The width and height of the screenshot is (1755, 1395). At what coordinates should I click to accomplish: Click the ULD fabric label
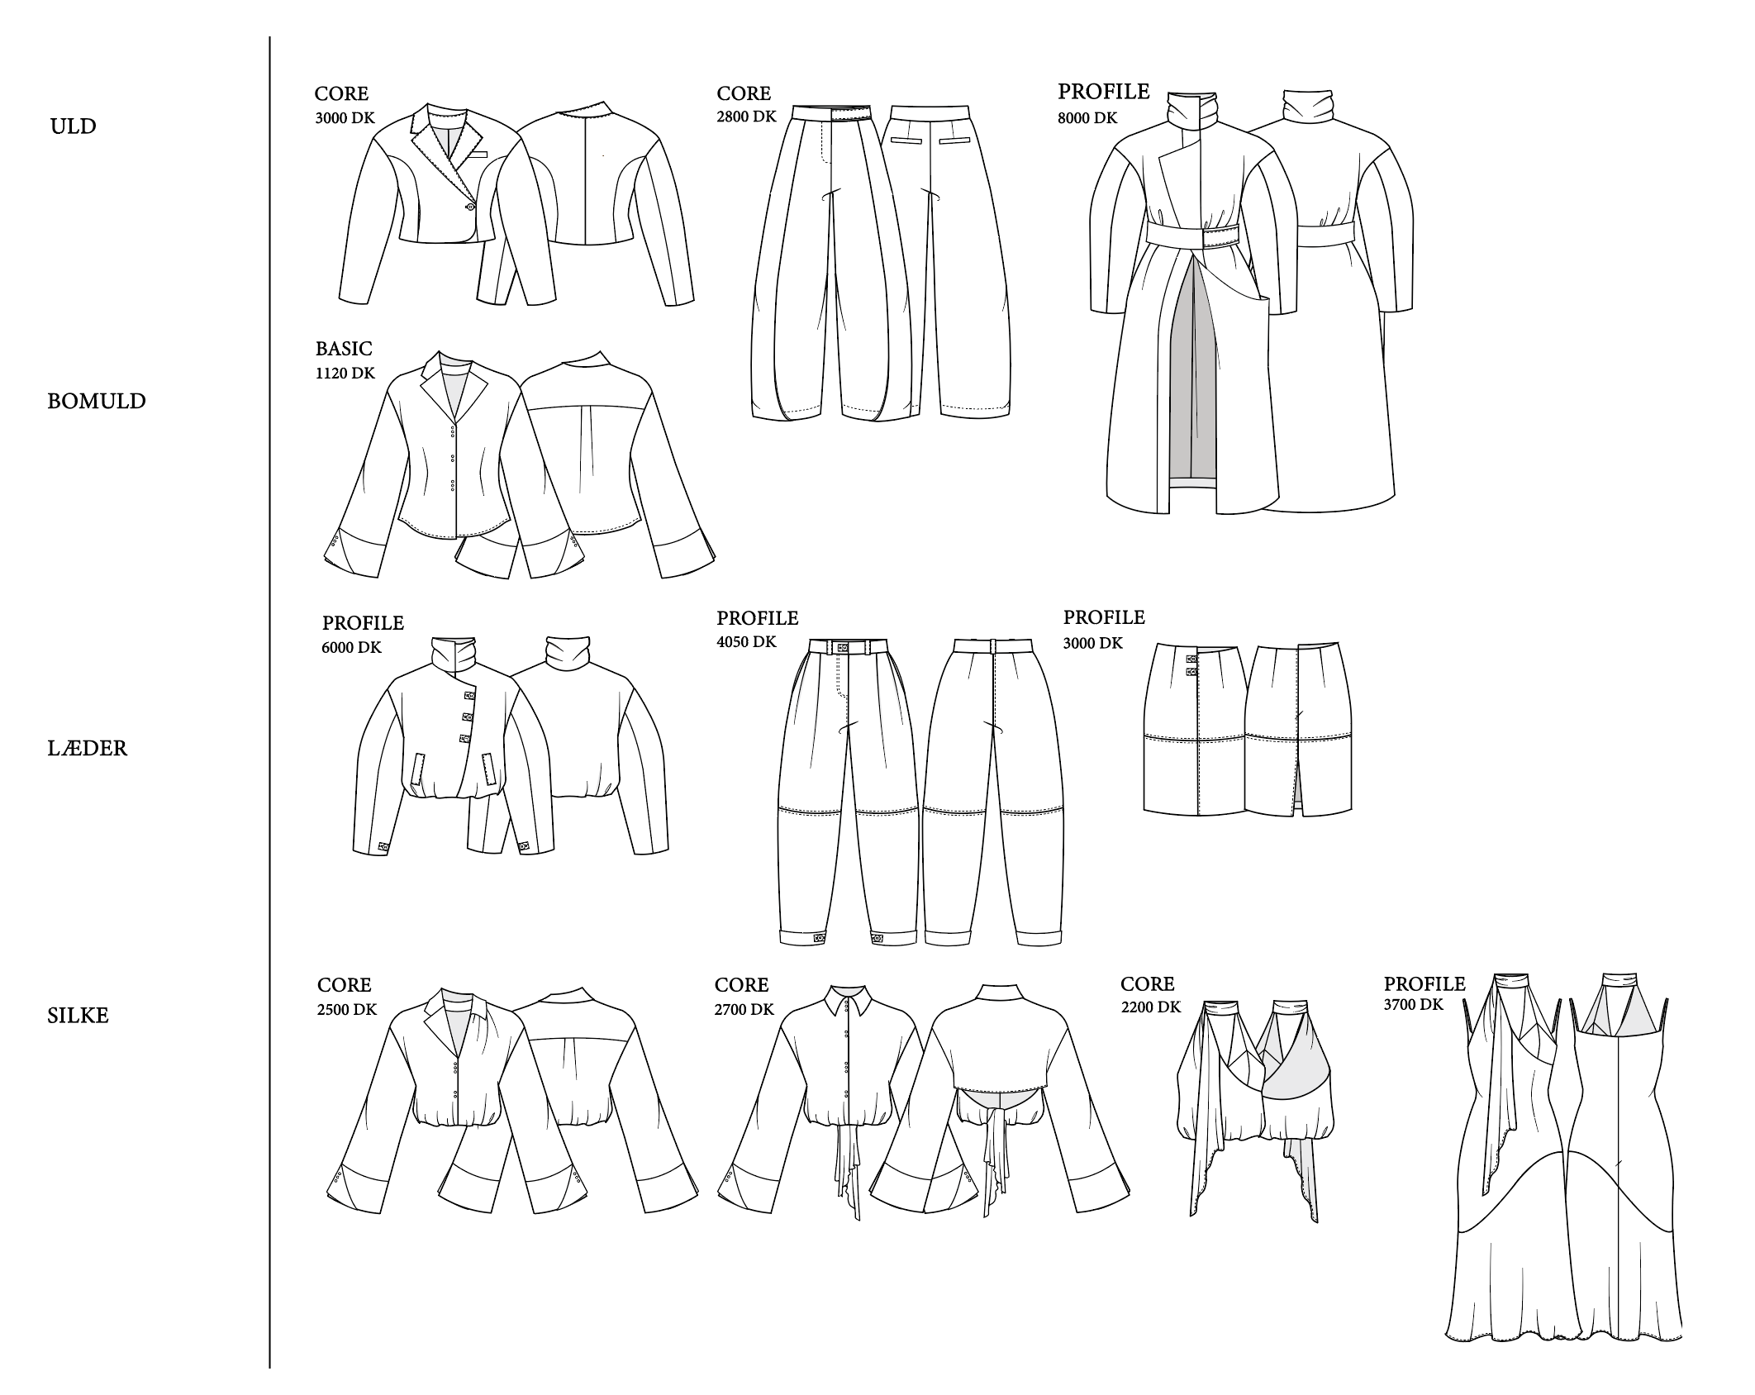point(74,126)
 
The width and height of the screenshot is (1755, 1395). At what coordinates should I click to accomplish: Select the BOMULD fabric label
point(97,402)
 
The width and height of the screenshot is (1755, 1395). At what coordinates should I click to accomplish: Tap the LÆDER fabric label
point(88,749)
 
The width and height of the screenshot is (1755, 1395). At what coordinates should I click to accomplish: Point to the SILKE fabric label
point(78,1016)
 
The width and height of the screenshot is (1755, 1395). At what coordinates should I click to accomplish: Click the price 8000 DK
point(1087,118)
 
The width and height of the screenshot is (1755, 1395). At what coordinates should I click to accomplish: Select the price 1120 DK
point(345,374)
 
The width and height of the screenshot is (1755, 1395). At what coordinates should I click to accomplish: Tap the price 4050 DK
point(747,642)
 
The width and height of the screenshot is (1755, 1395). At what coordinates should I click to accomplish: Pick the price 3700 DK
point(1414,1005)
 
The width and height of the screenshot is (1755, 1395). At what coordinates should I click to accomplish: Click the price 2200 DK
point(1151,1007)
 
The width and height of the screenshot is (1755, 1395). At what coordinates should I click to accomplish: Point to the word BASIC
point(344,349)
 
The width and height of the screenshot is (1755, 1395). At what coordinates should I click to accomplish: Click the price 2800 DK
point(747,117)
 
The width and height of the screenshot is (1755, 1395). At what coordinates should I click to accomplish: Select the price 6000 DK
point(352,648)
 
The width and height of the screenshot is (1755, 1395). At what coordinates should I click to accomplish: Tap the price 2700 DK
point(744,1010)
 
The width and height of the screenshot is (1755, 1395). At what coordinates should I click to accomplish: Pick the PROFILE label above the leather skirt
point(1104,618)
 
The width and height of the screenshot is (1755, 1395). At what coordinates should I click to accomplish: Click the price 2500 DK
point(347,1010)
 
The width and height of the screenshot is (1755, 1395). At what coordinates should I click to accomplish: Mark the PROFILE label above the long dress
point(1424,984)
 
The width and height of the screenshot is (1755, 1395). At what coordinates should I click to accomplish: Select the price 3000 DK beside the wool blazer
point(345,118)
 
